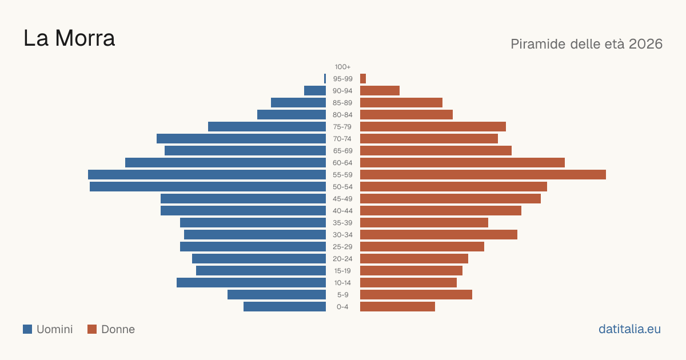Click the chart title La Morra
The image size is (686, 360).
point(69,38)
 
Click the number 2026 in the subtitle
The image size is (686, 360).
point(645,44)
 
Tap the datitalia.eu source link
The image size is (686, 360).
point(629,329)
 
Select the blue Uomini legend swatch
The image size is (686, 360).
point(27,329)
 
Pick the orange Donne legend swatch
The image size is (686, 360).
point(92,329)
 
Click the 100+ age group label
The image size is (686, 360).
point(342,67)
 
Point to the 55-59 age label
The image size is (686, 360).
point(342,175)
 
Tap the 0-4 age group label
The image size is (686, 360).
point(342,307)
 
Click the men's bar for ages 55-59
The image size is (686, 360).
point(207,175)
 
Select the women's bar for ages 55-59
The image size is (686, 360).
point(483,175)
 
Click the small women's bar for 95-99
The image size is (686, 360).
point(363,79)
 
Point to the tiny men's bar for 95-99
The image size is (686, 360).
point(325,79)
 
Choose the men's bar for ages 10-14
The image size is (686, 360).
point(251,282)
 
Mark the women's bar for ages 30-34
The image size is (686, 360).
point(438,235)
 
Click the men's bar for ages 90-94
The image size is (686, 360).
point(315,91)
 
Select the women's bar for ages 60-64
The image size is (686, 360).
point(462,162)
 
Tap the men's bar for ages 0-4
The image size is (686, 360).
point(285,307)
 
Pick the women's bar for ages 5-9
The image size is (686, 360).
point(416,295)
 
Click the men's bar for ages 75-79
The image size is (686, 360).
point(267,127)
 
